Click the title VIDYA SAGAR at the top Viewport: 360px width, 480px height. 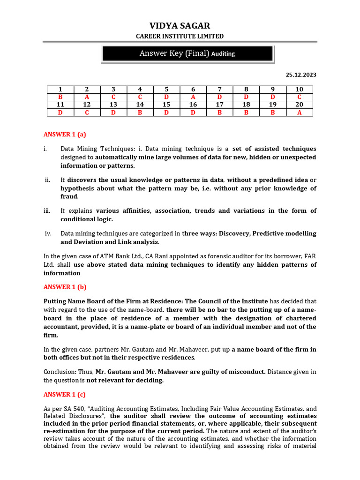[x=180, y=25]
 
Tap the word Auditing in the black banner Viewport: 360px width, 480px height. [x=223, y=54]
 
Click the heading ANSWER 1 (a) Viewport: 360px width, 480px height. [x=65, y=135]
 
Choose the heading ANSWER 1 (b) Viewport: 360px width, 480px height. [x=65, y=287]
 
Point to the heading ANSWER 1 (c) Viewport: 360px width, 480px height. [x=65, y=394]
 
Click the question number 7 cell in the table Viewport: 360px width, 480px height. [x=219, y=90]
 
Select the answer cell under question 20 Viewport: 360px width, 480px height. [x=299, y=112]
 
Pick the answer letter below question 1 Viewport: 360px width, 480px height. [x=60, y=97]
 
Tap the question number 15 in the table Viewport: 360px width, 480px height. [x=166, y=105]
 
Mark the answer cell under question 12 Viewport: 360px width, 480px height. [x=87, y=112]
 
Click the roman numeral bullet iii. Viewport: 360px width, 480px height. [x=47, y=211]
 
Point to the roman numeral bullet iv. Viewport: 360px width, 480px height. [x=48, y=233]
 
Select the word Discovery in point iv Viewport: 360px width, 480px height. [x=234, y=233]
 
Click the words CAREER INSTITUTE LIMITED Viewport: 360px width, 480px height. [x=180, y=36]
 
